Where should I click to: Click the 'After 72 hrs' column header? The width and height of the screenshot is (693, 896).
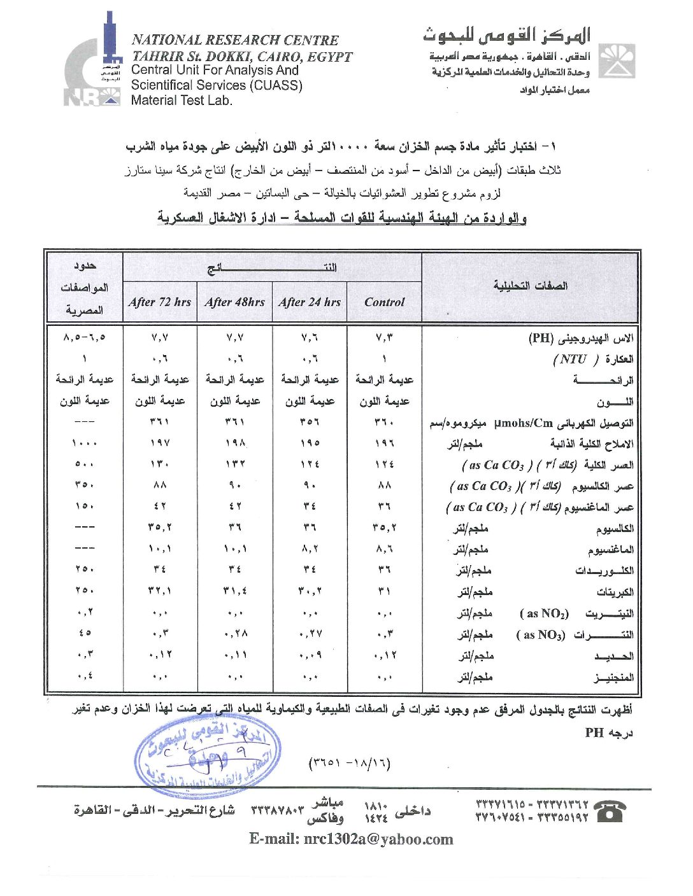pyautogui.click(x=159, y=302)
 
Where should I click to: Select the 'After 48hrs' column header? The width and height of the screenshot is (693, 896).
pyautogui.click(x=234, y=302)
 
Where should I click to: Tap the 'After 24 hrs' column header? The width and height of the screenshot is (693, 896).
pyautogui.click(x=310, y=302)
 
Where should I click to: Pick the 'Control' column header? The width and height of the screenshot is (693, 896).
pyautogui.click(x=384, y=302)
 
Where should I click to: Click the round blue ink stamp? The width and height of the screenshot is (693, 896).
pyautogui.click(x=207, y=755)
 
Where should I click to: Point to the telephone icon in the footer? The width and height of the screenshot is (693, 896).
pyautogui.click(x=610, y=811)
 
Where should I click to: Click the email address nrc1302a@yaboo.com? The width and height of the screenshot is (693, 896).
pyautogui.click(x=351, y=839)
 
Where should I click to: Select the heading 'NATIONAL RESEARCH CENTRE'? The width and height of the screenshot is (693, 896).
pyautogui.click(x=235, y=40)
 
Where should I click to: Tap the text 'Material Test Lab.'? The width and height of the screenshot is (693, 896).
pyautogui.click(x=182, y=100)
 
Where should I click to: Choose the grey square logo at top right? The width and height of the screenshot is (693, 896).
pyautogui.click(x=617, y=61)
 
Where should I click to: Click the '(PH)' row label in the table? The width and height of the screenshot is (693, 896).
pyautogui.click(x=541, y=339)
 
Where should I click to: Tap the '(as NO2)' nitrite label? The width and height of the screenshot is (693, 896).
pyautogui.click(x=544, y=613)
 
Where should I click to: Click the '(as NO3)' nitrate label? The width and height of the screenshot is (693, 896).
pyautogui.click(x=540, y=635)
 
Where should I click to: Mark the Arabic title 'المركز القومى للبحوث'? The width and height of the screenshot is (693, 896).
pyautogui.click(x=506, y=35)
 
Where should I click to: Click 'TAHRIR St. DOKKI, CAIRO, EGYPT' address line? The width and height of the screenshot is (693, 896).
pyautogui.click(x=242, y=56)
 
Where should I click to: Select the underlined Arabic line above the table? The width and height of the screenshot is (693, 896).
pyautogui.click(x=342, y=218)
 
